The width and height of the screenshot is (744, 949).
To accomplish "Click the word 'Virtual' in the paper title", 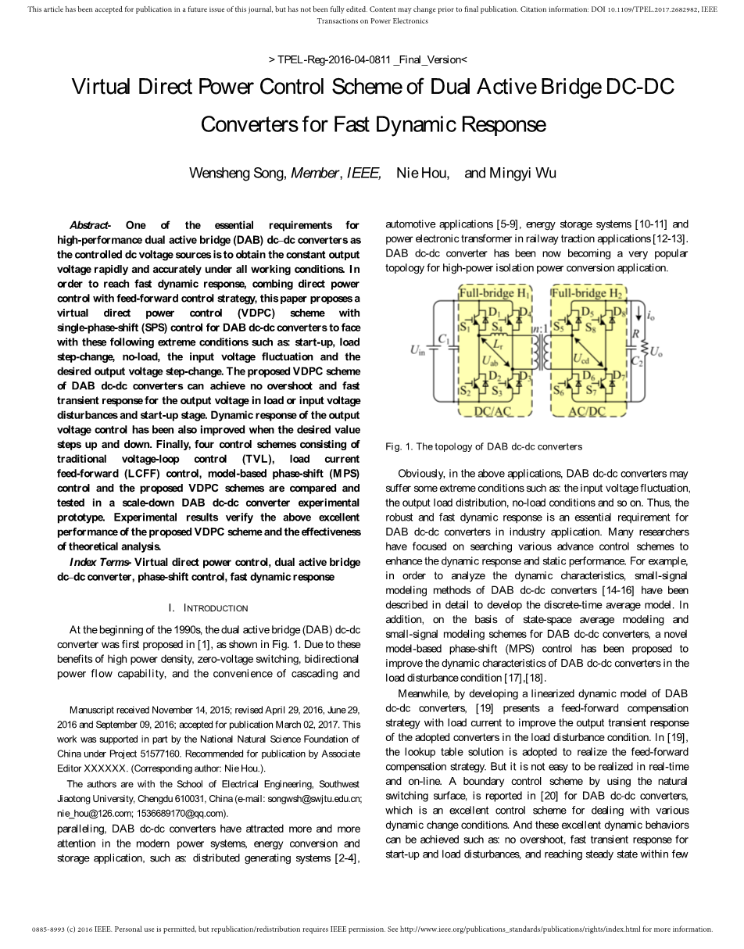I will click(102, 86).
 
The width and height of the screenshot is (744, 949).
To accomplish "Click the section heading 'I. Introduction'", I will click(209, 608).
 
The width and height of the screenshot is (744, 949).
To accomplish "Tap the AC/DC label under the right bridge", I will click(587, 410).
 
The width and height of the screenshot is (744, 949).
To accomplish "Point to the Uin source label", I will click(417, 350).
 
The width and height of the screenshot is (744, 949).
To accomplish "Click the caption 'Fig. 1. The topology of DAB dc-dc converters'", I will click(484, 446).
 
